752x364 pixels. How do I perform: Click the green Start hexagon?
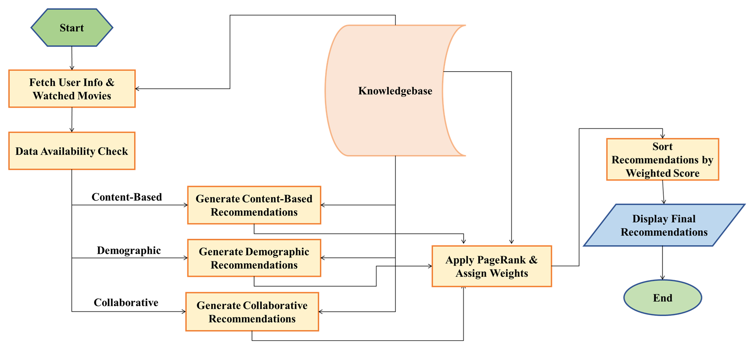72,28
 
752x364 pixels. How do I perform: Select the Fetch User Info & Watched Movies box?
72,89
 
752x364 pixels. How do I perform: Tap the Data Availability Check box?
72,151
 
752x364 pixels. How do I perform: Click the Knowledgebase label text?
395,91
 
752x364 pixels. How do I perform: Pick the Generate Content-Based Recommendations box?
254,205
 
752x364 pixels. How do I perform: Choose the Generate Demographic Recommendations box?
254,258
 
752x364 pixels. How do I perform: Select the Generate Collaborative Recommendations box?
252,312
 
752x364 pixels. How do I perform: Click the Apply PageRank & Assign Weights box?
492,266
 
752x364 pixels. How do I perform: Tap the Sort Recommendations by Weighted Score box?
662,160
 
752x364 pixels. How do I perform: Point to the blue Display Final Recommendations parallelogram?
664,225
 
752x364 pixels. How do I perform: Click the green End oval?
662,298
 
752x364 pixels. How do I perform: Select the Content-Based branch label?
127,197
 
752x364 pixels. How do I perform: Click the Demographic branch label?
129,250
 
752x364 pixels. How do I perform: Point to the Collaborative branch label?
126,303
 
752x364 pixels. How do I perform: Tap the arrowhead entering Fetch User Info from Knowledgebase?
137,89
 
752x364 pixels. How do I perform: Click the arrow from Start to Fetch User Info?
72,58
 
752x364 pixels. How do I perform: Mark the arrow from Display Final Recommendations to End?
662,263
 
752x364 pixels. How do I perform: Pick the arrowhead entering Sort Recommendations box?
662,136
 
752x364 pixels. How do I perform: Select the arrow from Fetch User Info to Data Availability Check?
72,120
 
